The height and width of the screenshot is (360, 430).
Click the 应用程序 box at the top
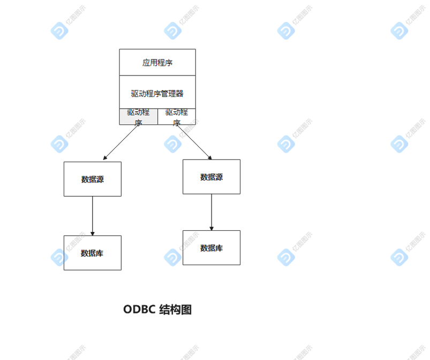(157, 63)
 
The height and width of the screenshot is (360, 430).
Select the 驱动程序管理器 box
(157, 93)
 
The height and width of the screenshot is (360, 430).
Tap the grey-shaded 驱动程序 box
(139, 117)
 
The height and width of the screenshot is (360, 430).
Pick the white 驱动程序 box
(177, 117)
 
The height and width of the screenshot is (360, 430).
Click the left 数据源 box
(93, 179)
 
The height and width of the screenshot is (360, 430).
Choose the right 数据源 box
(212, 177)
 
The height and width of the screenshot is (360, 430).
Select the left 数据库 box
(93, 253)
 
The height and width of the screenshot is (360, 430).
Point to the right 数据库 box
(212, 247)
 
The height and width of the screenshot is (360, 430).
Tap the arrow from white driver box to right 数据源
(194, 142)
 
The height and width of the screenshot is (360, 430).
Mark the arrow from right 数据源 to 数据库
(212, 212)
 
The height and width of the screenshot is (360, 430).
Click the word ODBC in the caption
(139, 310)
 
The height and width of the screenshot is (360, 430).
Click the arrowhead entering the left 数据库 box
(93, 233)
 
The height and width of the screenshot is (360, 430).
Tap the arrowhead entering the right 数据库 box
(212, 228)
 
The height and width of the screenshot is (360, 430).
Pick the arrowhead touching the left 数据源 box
(105, 158)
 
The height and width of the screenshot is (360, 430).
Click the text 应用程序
(157, 63)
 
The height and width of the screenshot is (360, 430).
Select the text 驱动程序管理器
(157, 93)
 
